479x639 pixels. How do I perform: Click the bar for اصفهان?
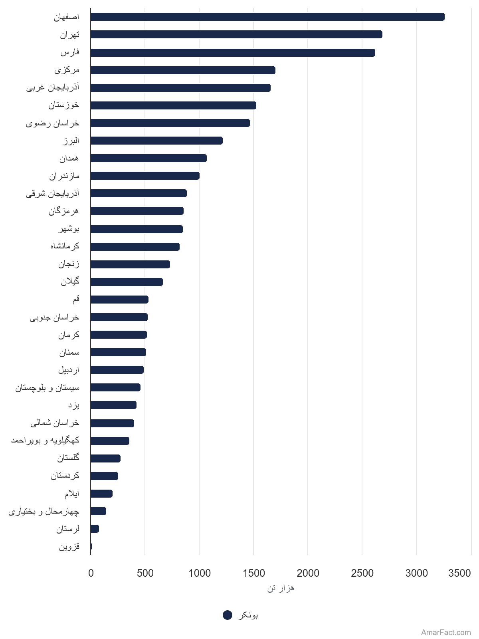[x=267, y=17]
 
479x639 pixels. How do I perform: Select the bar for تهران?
[x=236, y=34]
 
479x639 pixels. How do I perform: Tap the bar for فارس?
[x=233, y=53]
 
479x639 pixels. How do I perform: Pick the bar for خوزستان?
[x=173, y=105]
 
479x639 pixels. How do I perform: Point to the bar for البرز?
[x=157, y=141]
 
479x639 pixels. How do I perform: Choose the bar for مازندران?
[x=145, y=176]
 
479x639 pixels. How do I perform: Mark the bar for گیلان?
[x=127, y=282]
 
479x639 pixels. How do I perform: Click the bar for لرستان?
[x=95, y=529]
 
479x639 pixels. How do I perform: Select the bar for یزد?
[x=113, y=405]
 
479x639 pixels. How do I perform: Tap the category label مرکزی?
[x=67, y=70]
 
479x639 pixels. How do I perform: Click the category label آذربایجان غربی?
[x=53, y=87]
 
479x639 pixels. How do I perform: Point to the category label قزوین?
[x=69, y=546]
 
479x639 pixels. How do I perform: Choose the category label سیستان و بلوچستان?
[x=48, y=387]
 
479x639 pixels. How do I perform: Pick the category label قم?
[x=76, y=300]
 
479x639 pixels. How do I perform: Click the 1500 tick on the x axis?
[x=253, y=573]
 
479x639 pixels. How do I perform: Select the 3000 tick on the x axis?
[x=416, y=573]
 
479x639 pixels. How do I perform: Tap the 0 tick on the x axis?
[x=91, y=573]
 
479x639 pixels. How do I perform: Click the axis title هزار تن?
[x=281, y=588]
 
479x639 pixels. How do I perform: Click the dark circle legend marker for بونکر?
[x=228, y=615]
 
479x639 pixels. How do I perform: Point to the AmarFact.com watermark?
[x=446, y=632]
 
